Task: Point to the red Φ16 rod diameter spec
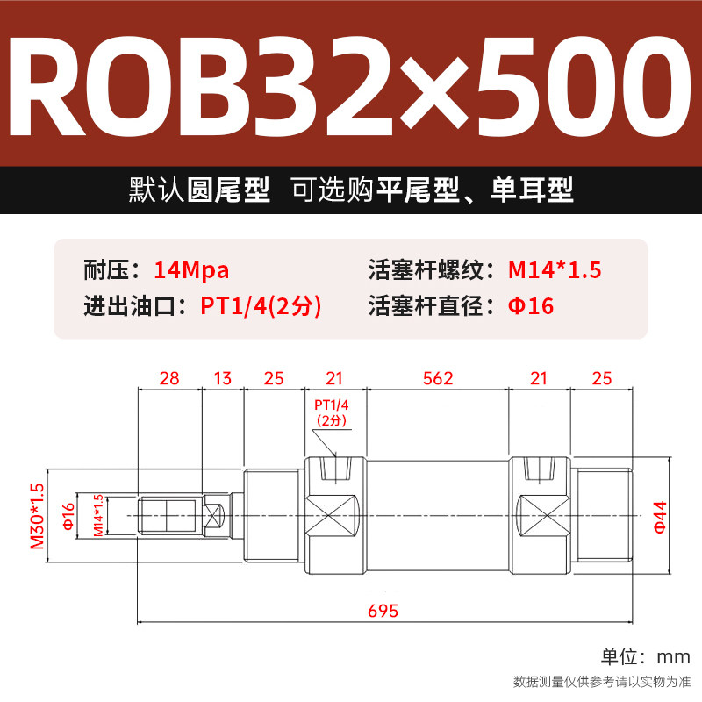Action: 531,307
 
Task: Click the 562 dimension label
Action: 438,378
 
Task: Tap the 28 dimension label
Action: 169,378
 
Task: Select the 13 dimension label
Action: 222,378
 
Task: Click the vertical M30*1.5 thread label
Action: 37,516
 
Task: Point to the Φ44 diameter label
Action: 660,515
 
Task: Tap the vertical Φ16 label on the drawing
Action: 68,516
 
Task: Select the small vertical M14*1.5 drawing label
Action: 98,516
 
